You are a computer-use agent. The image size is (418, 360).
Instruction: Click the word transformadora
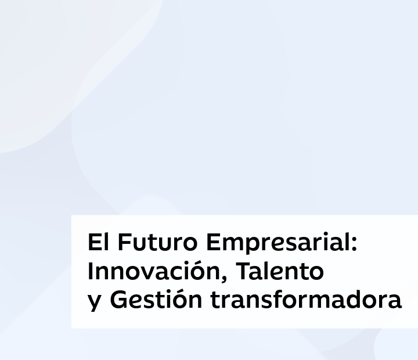coord(306,300)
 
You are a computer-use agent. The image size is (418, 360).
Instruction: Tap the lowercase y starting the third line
coord(95,303)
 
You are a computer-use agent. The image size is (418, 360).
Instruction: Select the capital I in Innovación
coord(91,271)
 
